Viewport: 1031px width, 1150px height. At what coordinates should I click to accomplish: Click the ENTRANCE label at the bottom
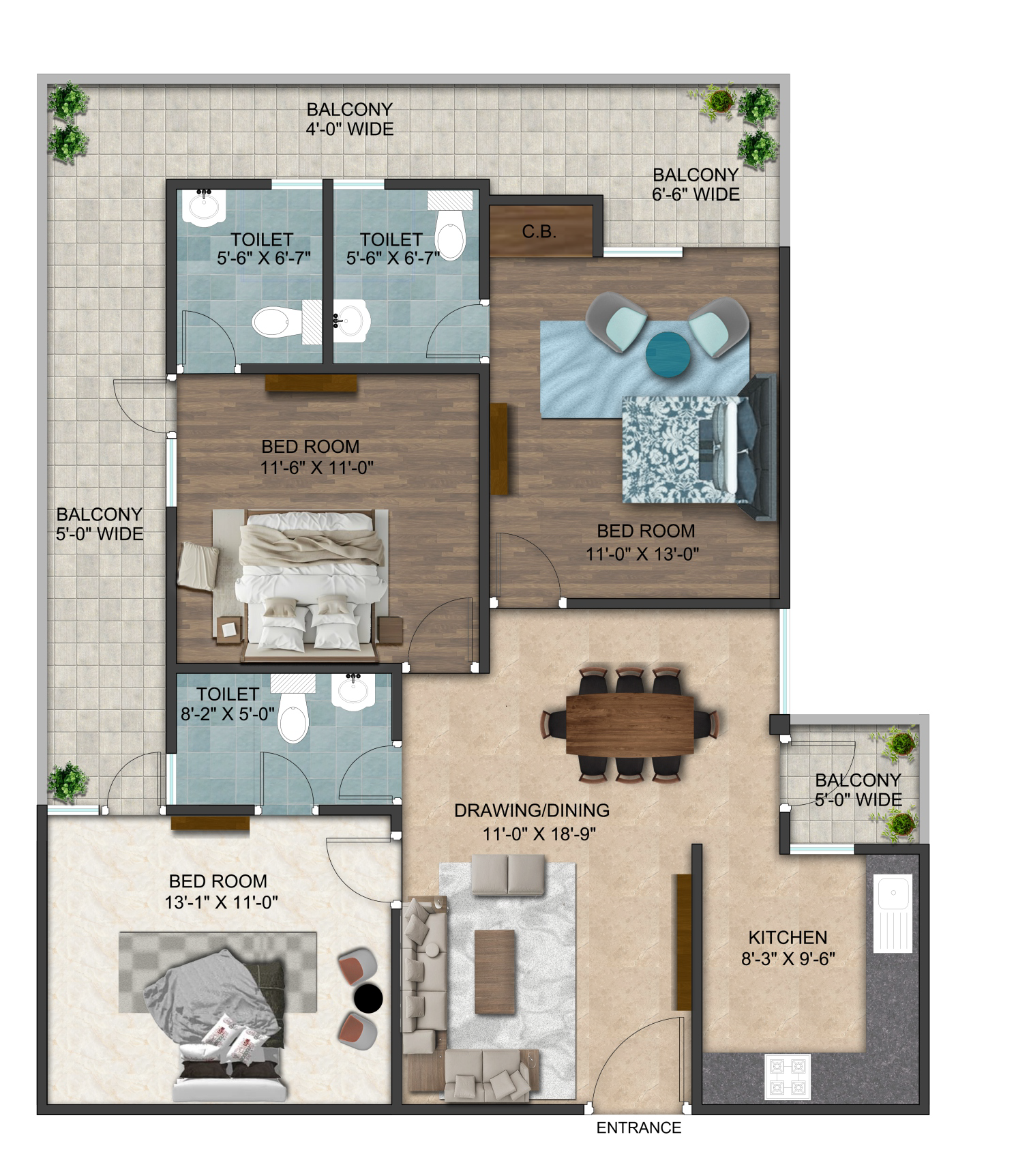[x=639, y=1127]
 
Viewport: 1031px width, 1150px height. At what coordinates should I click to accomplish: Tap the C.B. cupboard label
[x=539, y=232]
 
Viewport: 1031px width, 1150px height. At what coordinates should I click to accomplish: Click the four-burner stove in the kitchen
[x=788, y=1076]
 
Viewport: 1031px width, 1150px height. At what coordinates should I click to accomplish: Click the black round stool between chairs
[x=368, y=999]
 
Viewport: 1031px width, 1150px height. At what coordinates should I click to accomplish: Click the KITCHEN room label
[x=788, y=937]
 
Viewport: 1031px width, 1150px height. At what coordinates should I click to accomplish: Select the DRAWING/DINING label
[x=532, y=810]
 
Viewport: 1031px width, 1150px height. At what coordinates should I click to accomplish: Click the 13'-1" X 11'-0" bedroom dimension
[x=222, y=902]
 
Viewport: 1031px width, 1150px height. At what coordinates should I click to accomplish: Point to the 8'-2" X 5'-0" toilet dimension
[x=228, y=713]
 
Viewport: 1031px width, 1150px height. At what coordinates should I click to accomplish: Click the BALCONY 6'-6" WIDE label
[x=696, y=185]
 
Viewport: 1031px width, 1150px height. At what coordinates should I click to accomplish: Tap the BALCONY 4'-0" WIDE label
[x=350, y=119]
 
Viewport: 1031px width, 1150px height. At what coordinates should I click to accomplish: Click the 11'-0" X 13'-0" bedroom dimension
[x=643, y=554]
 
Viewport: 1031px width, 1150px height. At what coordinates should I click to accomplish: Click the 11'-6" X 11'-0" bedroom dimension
[x=318, y=467]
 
